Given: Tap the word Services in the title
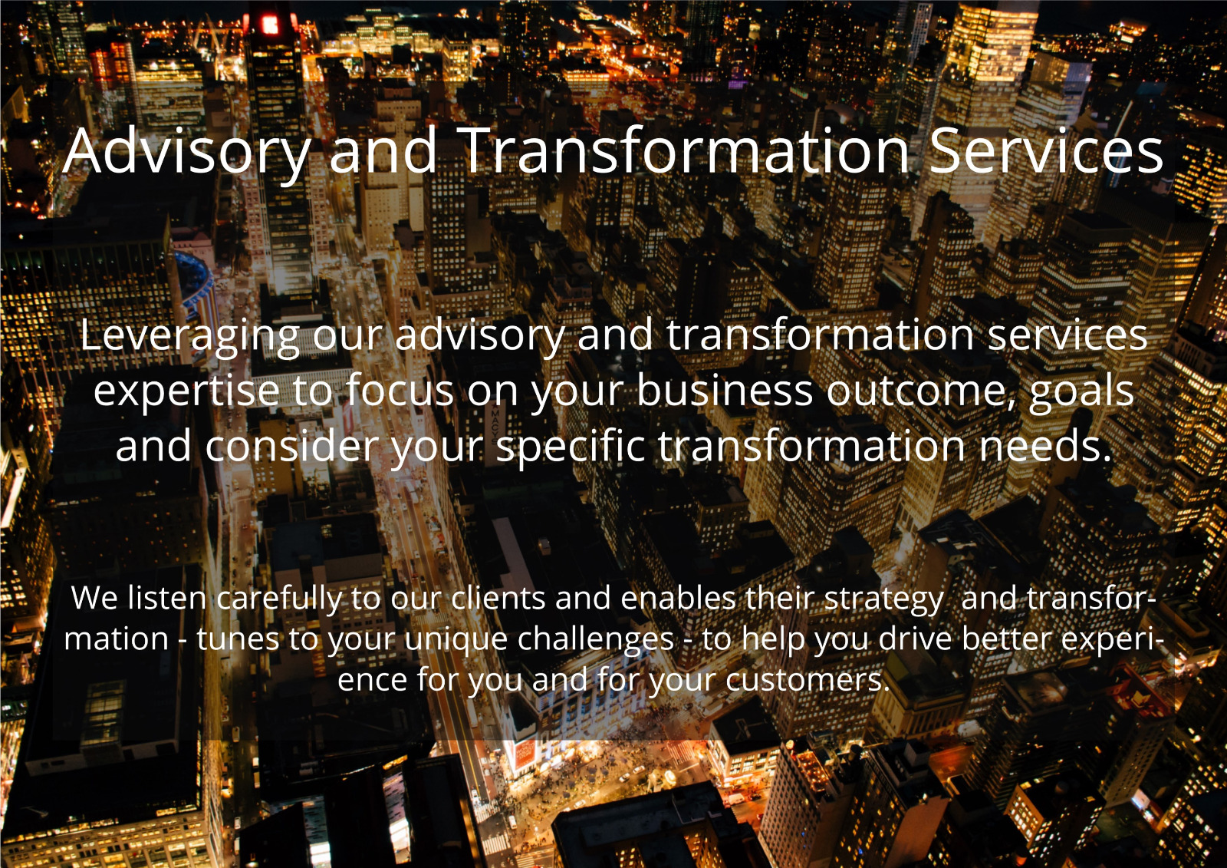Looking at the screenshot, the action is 1047,150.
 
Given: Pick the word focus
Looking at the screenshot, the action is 400,390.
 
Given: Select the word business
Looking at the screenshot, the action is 725,390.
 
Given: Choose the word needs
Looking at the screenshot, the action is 1045,446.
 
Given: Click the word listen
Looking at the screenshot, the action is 166,597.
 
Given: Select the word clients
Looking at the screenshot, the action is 498,597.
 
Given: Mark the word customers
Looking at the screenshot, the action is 804,680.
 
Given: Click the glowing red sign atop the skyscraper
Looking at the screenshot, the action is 270,24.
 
